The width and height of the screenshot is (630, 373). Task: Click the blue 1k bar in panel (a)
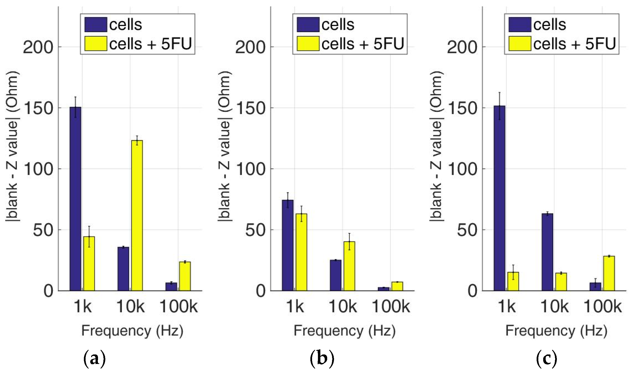75,198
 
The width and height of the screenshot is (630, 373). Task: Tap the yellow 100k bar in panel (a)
185,276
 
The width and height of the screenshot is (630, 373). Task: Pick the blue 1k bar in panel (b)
287,245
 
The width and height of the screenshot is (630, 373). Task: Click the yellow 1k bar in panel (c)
513,281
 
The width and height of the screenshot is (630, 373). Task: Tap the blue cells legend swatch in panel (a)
96,25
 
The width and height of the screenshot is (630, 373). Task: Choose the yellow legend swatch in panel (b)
308,44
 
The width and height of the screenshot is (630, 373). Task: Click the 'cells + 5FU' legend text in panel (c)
574,44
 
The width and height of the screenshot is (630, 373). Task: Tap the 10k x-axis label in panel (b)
343,307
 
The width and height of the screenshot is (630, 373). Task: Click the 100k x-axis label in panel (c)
602,307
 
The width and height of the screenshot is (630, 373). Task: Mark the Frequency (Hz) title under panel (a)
132,331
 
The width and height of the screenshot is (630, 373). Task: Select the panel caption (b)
322,359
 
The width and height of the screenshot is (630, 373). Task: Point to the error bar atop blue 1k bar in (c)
500,105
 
